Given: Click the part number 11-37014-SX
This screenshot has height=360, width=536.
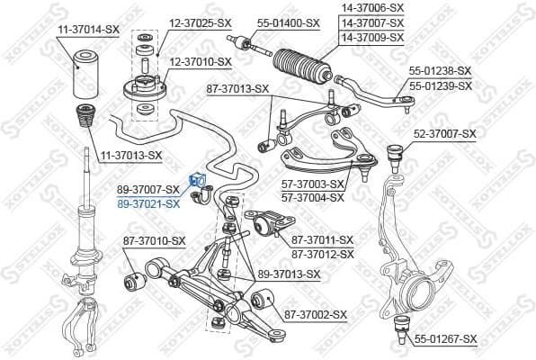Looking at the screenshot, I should [87, 30].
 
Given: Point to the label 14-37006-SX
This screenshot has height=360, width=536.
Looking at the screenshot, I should [371, 7].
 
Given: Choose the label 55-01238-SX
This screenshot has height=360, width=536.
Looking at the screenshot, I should [440, 70].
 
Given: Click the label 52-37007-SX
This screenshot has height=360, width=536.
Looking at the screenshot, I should [444, 133].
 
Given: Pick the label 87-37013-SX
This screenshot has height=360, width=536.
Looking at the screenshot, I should [237, 88].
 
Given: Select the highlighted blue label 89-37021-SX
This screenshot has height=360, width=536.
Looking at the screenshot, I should [148, 203].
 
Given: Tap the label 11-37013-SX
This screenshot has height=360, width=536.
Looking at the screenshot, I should [130, 155].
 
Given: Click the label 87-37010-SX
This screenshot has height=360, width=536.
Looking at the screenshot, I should [154, 240].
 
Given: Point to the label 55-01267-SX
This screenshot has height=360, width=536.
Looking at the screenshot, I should [445, 338].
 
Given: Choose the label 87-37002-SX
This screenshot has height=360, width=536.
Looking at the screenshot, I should [315, 314].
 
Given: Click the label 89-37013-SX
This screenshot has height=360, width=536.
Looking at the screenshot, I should [289, 274].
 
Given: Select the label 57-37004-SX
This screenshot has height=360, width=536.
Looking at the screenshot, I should [312, 196].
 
